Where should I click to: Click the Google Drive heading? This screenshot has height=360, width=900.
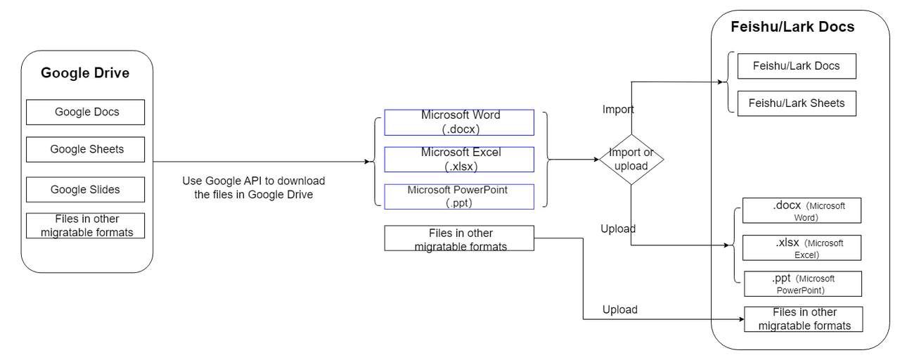point(85,73)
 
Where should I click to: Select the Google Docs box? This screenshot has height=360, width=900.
point(86,112)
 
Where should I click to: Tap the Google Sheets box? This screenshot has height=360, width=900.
point(86,149)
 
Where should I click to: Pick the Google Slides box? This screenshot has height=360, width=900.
point(86,189)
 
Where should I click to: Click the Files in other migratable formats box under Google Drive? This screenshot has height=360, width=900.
point(86,226)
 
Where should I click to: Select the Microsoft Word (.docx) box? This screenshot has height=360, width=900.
point(459,122)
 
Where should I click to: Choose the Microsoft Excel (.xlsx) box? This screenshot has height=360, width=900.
point(459,160)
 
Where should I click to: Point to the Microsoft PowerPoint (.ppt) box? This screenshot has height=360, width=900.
point(459,196)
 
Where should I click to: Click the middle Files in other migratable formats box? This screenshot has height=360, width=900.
point(459,238)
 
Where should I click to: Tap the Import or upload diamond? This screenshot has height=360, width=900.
point(631,160)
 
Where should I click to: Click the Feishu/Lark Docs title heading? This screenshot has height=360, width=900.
point(792,27)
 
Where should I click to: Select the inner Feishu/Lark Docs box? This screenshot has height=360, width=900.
point(796,66)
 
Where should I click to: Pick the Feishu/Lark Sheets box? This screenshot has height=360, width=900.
point(796,103)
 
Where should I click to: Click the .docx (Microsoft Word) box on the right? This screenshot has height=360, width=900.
point(802,211)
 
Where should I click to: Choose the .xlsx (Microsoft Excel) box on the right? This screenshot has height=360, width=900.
point(802,248)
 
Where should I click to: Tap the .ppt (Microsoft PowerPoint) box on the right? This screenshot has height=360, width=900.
point(802,284)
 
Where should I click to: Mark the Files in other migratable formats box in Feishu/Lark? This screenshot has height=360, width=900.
point(804,319)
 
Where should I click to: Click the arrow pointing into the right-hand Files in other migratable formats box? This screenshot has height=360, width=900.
point(728,320)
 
